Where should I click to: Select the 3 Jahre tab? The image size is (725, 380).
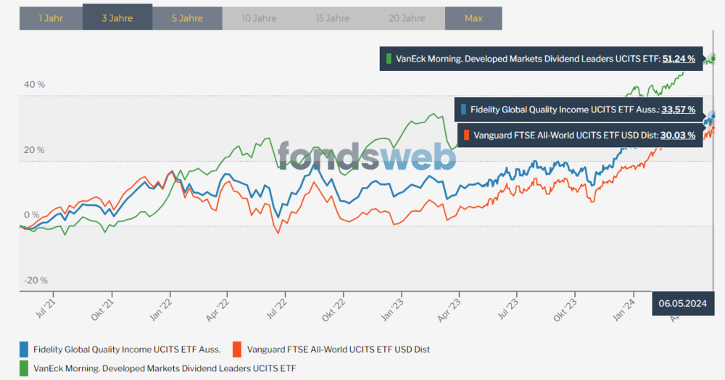(x=117, y=18)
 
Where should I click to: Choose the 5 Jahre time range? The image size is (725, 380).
(x=187, y=18)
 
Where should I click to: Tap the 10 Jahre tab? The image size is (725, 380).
(x=257, y=18)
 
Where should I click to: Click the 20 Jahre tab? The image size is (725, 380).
(x=407, y=18)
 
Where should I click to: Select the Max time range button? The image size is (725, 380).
(x=473, y=18)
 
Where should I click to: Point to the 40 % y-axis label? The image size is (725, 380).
(x=35, y=85)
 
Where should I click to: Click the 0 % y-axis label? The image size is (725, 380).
(x=32, y=215)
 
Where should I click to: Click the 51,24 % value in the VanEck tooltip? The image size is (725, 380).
(x=679, y=59)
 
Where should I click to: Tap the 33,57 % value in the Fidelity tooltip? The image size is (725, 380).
(x=679, y=110)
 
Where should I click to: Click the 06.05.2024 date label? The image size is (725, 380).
(x=683, y=302)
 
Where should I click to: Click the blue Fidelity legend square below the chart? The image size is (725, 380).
(x=25, y=349)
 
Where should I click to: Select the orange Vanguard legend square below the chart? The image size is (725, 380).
(x=236, y=349)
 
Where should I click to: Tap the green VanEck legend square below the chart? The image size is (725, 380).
(x=25, y=368)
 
